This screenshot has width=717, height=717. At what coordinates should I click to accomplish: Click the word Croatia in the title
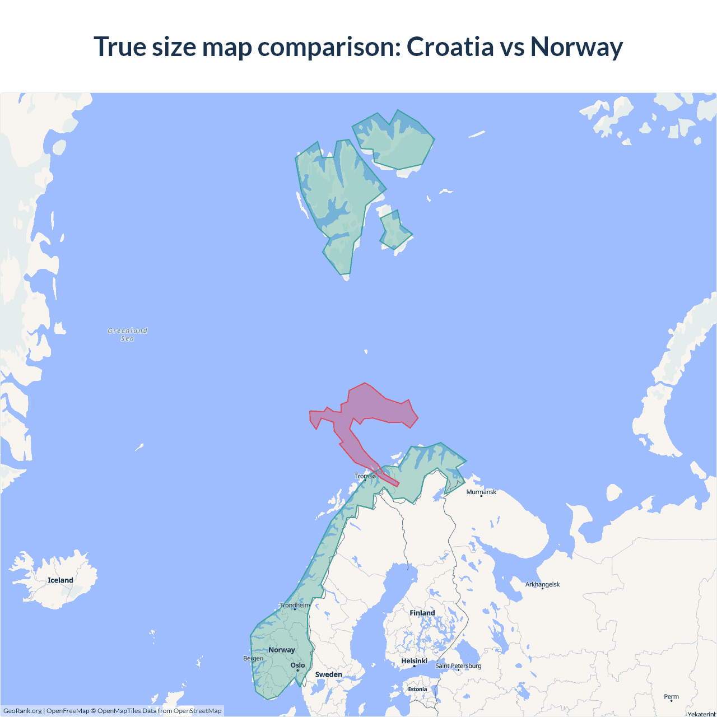pos(450,46)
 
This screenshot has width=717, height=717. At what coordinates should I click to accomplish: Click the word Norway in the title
pos(576,46)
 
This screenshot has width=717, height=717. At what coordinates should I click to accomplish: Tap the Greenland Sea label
pos(128,334)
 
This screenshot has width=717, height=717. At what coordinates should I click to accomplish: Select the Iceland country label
pos(60,580)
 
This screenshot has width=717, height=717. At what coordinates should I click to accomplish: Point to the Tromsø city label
pos(365,476)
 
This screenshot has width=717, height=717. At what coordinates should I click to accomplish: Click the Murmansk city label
pos(481,492)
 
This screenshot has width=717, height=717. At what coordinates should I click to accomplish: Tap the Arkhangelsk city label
pos(542,585)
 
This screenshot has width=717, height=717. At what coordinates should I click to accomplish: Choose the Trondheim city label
pos(295,606)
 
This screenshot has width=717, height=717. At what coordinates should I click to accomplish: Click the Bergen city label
pos(253,658)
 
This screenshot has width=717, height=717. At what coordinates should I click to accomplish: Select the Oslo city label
pos(298,665)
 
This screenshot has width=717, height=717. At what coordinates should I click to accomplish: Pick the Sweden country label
pos(328,674)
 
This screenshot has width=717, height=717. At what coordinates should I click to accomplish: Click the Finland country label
pos(422,613)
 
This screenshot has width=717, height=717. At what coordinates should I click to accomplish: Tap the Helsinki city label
pos(414,662)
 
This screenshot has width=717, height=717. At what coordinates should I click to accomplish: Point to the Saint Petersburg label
pos(458,666)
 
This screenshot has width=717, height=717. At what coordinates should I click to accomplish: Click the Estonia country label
pos(417,690)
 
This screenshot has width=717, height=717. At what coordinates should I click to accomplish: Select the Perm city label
pos(671,697)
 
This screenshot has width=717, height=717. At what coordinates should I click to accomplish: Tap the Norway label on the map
pos(281,650)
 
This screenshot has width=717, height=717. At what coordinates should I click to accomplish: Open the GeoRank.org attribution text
pos(22,711)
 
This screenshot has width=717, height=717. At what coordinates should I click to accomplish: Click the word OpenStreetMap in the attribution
pos(197,711)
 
